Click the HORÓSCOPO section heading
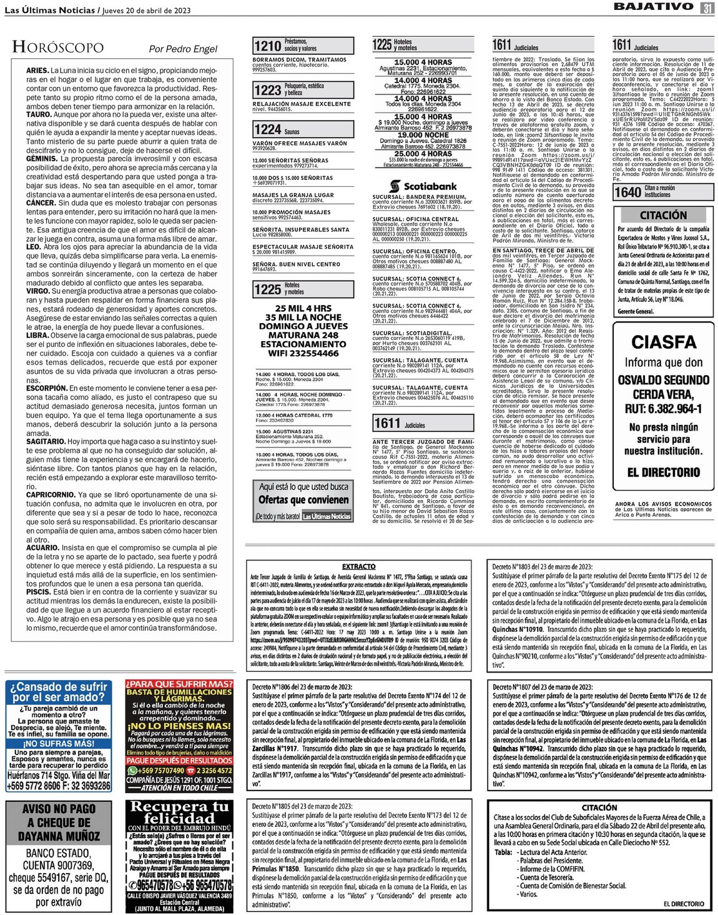57,47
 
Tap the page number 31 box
707,7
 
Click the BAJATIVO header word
653,7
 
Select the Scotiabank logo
423,186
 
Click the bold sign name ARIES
37,71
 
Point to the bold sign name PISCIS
38,591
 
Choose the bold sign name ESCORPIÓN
47,388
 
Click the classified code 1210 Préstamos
267,46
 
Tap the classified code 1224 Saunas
267,129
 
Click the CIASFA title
663,342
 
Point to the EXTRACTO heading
359,566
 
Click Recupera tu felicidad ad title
179,812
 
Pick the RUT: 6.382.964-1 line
663,409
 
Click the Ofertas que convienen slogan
303,499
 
